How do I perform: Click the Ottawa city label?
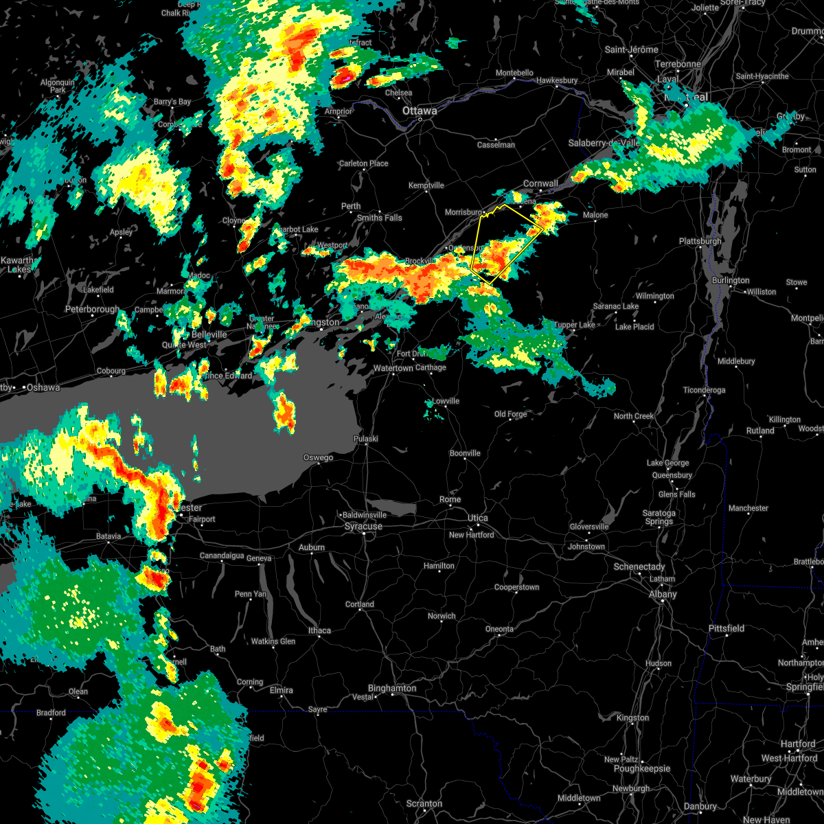tap(420, 111)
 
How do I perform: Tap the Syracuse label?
tap(363, 527)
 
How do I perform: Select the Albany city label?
tap(663, 595)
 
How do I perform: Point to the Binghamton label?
tap(392, 688)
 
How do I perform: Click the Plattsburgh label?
tap(700, 242)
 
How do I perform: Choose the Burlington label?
tap(731, 281)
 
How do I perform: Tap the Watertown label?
tap(393, 369)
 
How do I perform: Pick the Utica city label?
tap(478, 518)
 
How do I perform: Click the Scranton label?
tap(424, 803)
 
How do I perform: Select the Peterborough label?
tap(92, 310)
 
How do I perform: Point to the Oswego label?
tap(319, 458)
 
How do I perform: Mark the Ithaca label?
tap(319, 630)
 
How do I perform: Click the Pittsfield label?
tap(726, 629)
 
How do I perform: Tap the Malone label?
tap(595, 216)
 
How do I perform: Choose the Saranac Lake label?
tap(616, 307)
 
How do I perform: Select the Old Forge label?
tap(511, 415)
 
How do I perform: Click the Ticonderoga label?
tap(704, 391)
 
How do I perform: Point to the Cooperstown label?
tap(517, 588)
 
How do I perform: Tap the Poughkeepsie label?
tap(642, 769)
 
